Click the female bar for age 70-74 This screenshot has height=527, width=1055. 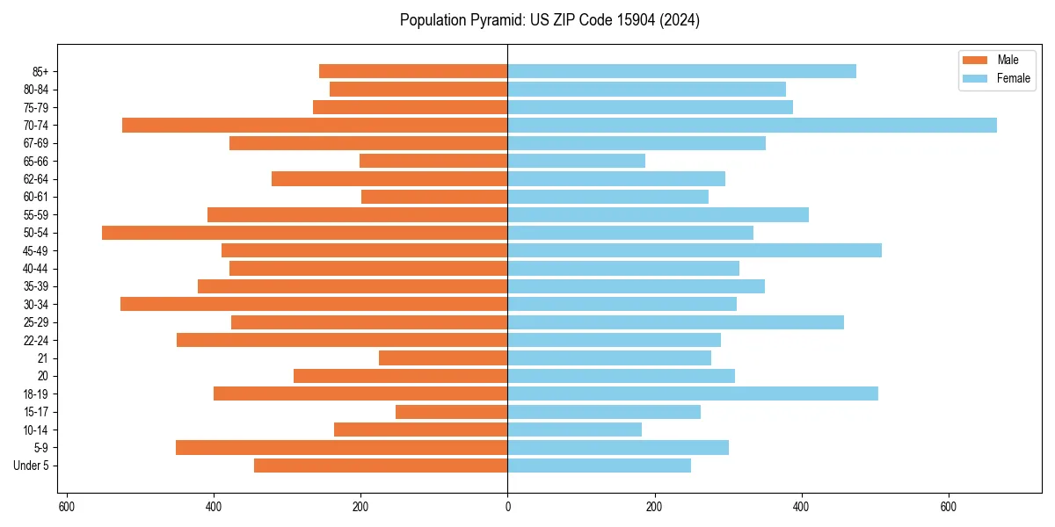[x=752, y=125]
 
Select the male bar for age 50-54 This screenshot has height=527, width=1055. [x=304, y=233]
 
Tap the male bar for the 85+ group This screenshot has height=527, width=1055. [x=413, y=71]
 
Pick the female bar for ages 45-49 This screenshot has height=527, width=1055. [x=695, y=250]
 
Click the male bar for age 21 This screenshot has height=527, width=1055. [x=443, y=357]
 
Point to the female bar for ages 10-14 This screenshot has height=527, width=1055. [x=574, y=430]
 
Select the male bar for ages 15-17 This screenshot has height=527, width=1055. [x=451, y=411]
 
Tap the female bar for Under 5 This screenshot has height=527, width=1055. [x=599, y=466]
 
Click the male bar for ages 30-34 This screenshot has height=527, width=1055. [x=314, y=304]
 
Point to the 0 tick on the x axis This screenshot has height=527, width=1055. [x=507, y=507]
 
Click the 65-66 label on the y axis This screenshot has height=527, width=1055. [x=36, y=161]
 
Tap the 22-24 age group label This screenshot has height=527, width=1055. [x=36, y=340]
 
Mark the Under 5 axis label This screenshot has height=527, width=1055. [x=32, y=466]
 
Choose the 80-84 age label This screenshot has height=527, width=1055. [x=36, y=89]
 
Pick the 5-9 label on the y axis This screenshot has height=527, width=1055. [x=41, y=447]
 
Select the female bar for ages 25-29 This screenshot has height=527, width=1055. [x=675, y=322]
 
